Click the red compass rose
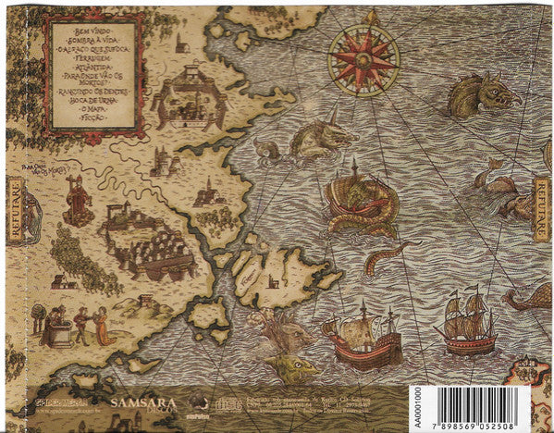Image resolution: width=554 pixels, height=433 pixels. pos(364,56)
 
